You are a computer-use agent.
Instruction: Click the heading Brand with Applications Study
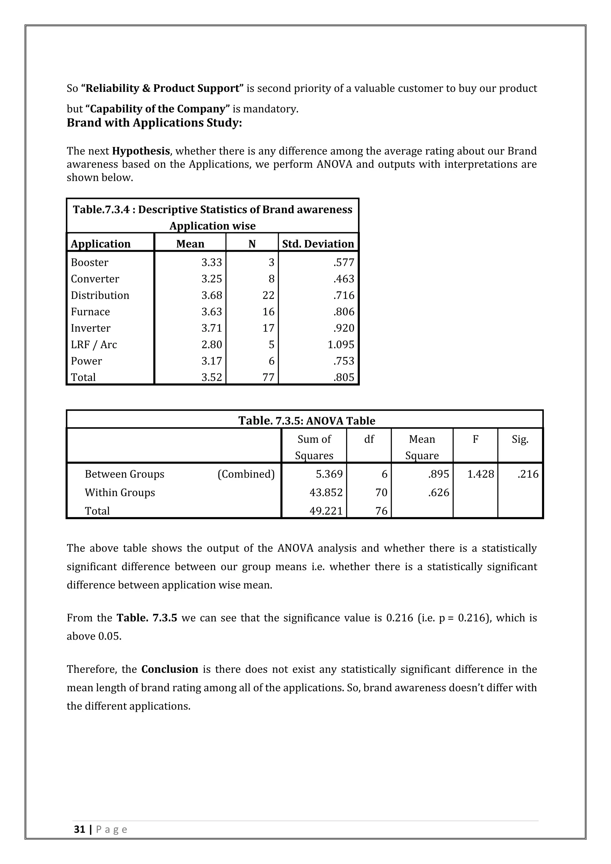point(154,123)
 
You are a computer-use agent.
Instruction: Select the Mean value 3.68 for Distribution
point(212,295)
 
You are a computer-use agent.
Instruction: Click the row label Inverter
point(90,328)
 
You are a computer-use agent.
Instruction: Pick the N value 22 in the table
point(268,295)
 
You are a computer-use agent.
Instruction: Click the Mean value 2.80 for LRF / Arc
point(212,345)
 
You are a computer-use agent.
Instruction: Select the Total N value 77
point(268,377)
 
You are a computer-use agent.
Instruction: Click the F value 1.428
point(480,474)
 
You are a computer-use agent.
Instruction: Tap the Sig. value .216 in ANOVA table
point(527,474)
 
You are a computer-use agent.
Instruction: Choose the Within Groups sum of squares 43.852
point(326,493)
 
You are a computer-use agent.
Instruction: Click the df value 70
point(381,493)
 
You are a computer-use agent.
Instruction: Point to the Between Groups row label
point(124,474)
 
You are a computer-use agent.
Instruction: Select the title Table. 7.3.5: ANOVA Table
point(307,421)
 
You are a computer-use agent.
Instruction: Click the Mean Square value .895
point(438,474)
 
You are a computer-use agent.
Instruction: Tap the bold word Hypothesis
point(141,151)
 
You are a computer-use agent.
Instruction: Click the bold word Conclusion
point(170,669)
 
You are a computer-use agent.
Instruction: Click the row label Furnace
point(90,312)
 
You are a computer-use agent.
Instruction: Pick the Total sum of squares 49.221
point(326,511)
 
